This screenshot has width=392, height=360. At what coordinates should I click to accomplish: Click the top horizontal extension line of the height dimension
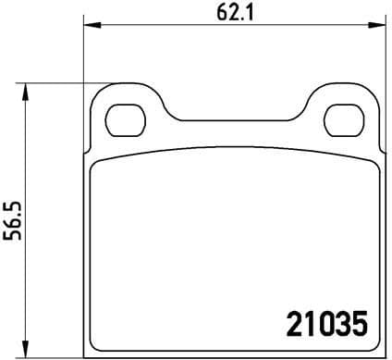[x=65, y=84]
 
